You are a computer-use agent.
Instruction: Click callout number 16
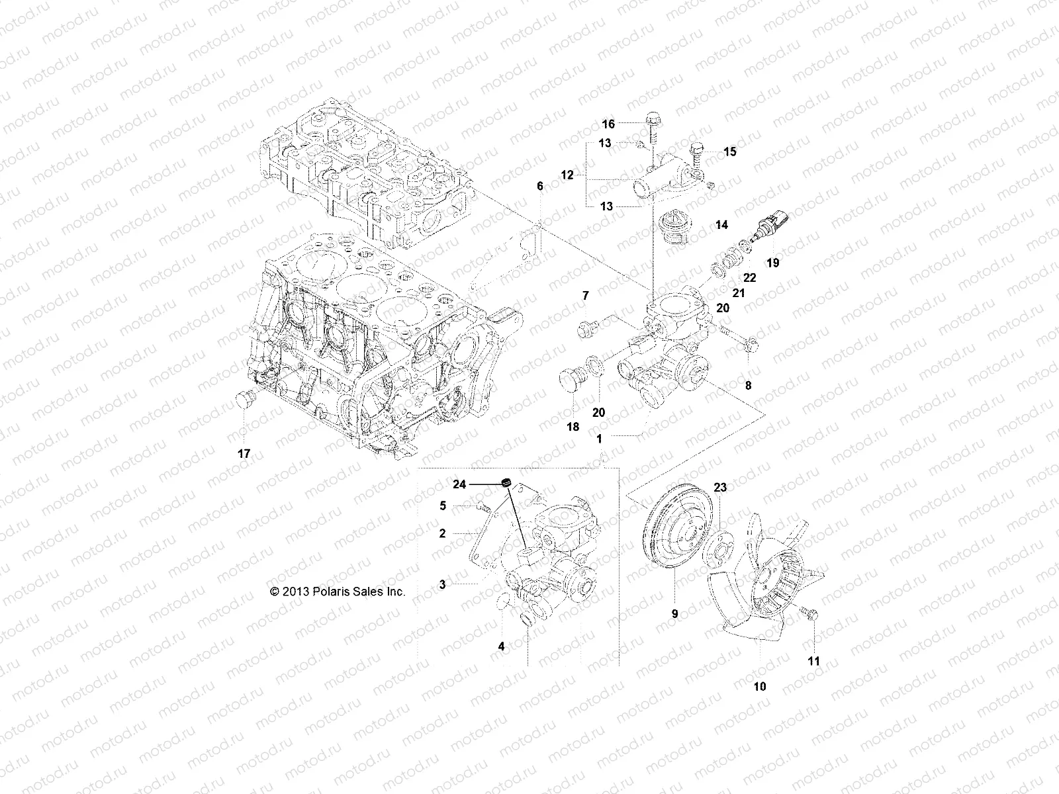608,124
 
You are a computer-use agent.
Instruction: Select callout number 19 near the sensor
772,263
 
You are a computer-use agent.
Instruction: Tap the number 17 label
244,453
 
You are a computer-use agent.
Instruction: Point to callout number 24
478,484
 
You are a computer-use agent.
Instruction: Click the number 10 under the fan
760,686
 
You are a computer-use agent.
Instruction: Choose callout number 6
539,187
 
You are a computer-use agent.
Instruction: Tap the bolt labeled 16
651,132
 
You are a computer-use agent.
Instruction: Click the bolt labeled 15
697,155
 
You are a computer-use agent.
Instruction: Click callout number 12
567,175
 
